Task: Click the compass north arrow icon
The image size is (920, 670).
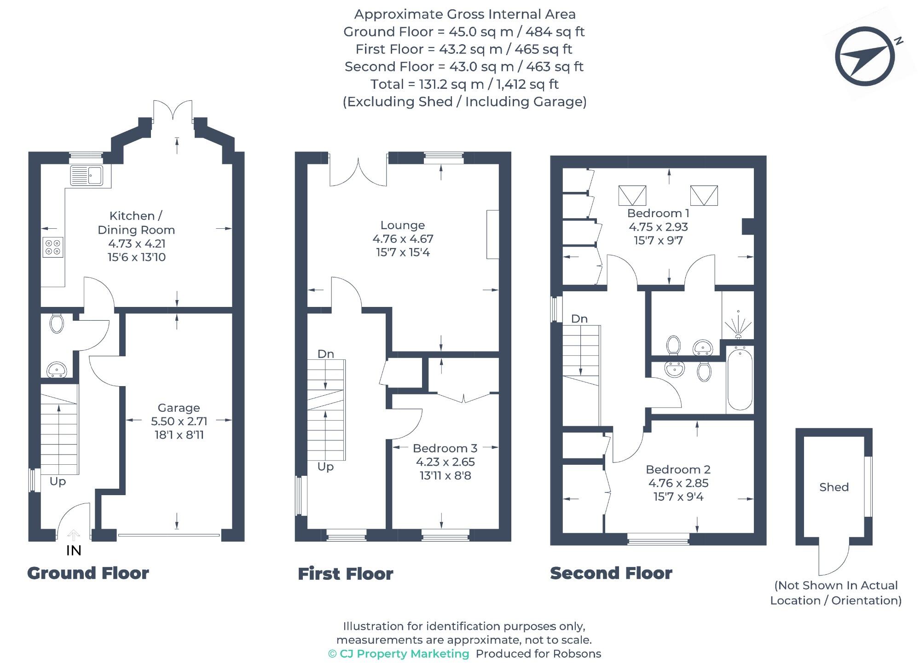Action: [865, 56]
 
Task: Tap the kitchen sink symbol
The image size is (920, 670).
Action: [87, 175]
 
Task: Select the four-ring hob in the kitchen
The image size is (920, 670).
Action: [52, 247]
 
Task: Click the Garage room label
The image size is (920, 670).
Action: [179, 408]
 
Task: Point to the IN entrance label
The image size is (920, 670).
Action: [74, 550]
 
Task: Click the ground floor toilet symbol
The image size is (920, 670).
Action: [57, 323]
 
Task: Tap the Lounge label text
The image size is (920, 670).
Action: [402, 225]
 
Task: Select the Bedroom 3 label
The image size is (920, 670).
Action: [445, 448]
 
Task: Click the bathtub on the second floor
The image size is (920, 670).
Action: [740, 380]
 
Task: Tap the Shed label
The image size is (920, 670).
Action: [833, 487]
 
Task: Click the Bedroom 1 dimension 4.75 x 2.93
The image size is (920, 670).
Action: [658, 227]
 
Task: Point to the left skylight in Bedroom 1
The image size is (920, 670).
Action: [632, 196]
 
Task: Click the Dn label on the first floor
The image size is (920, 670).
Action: [325, 354]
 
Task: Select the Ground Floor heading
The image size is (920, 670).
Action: [88, 573]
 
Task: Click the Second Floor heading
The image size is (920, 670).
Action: [611, 573]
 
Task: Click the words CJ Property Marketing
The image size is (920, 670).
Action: [404, 654]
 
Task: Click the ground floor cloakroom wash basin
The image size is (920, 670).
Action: [57, 370]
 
